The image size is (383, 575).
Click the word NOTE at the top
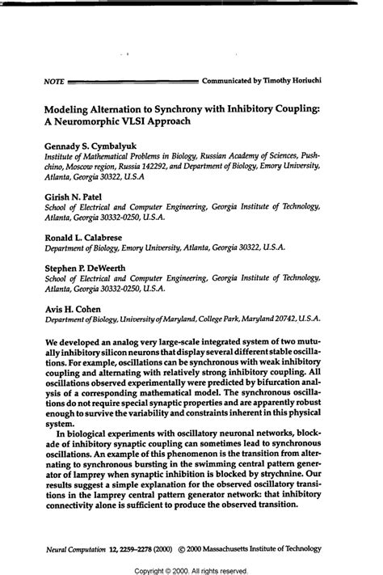click(54, 82)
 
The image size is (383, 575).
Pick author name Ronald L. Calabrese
click(83, 239)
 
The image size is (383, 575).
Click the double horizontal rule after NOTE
click(133, 82)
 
